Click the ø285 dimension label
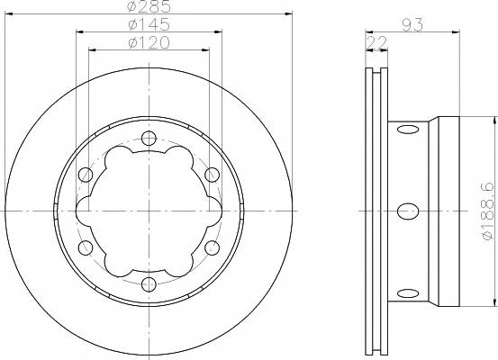pos(149,6)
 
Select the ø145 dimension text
pos(149,25)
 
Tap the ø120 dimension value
pos(149,43)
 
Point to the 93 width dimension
pos(412,25)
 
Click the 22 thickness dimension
pos(376,42)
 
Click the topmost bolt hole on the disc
pos(149,138)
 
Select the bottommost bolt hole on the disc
pos(149,284)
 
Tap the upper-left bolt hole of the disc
pos(86,175)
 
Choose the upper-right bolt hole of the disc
pos(213,175)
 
